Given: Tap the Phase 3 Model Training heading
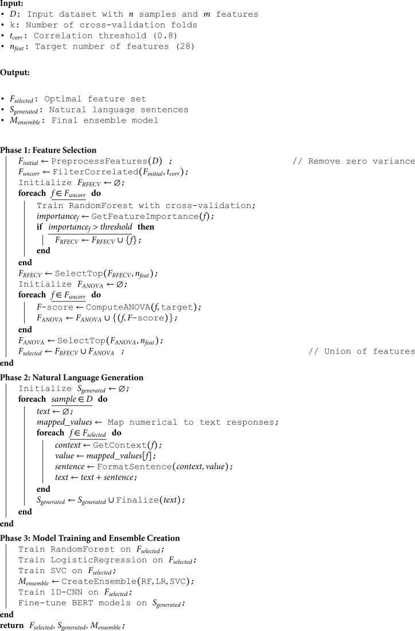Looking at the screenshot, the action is click(x=91, y=538).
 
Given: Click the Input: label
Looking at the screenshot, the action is click(x=11, y=4).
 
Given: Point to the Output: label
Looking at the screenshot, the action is click(x=14, y=73).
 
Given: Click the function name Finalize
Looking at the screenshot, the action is click(x=135, y=500).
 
